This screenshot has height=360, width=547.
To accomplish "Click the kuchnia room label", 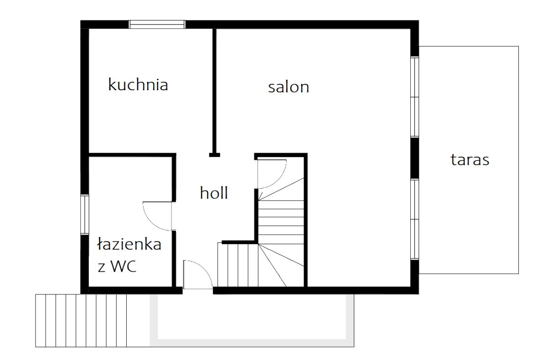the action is click(138, 84).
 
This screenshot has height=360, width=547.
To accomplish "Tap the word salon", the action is click(289, 87).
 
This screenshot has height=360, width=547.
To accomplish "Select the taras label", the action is click(470, 160).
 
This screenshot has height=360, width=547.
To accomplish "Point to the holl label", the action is click(214, 193).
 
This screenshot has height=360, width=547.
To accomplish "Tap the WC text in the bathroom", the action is click(124, 266).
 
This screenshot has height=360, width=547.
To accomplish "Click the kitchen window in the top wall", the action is click(157, 25).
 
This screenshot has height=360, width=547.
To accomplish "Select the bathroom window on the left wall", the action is click(85, 214).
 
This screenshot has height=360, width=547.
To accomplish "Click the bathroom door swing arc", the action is click(151, 222).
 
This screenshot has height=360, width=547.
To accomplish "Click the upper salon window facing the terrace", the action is click(415, 97).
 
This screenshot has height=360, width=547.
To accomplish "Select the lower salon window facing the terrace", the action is click(415, 219).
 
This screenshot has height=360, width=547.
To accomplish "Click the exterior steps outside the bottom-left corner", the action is click(81, 320).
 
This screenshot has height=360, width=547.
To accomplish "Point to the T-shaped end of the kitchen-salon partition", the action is click(214, 155).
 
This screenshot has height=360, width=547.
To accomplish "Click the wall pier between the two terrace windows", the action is click(415, 158).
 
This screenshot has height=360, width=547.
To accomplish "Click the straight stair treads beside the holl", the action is click(281, 222).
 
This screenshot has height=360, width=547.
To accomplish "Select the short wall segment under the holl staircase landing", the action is click(240, 242).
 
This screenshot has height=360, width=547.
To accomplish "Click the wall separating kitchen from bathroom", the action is click(132, 155).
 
